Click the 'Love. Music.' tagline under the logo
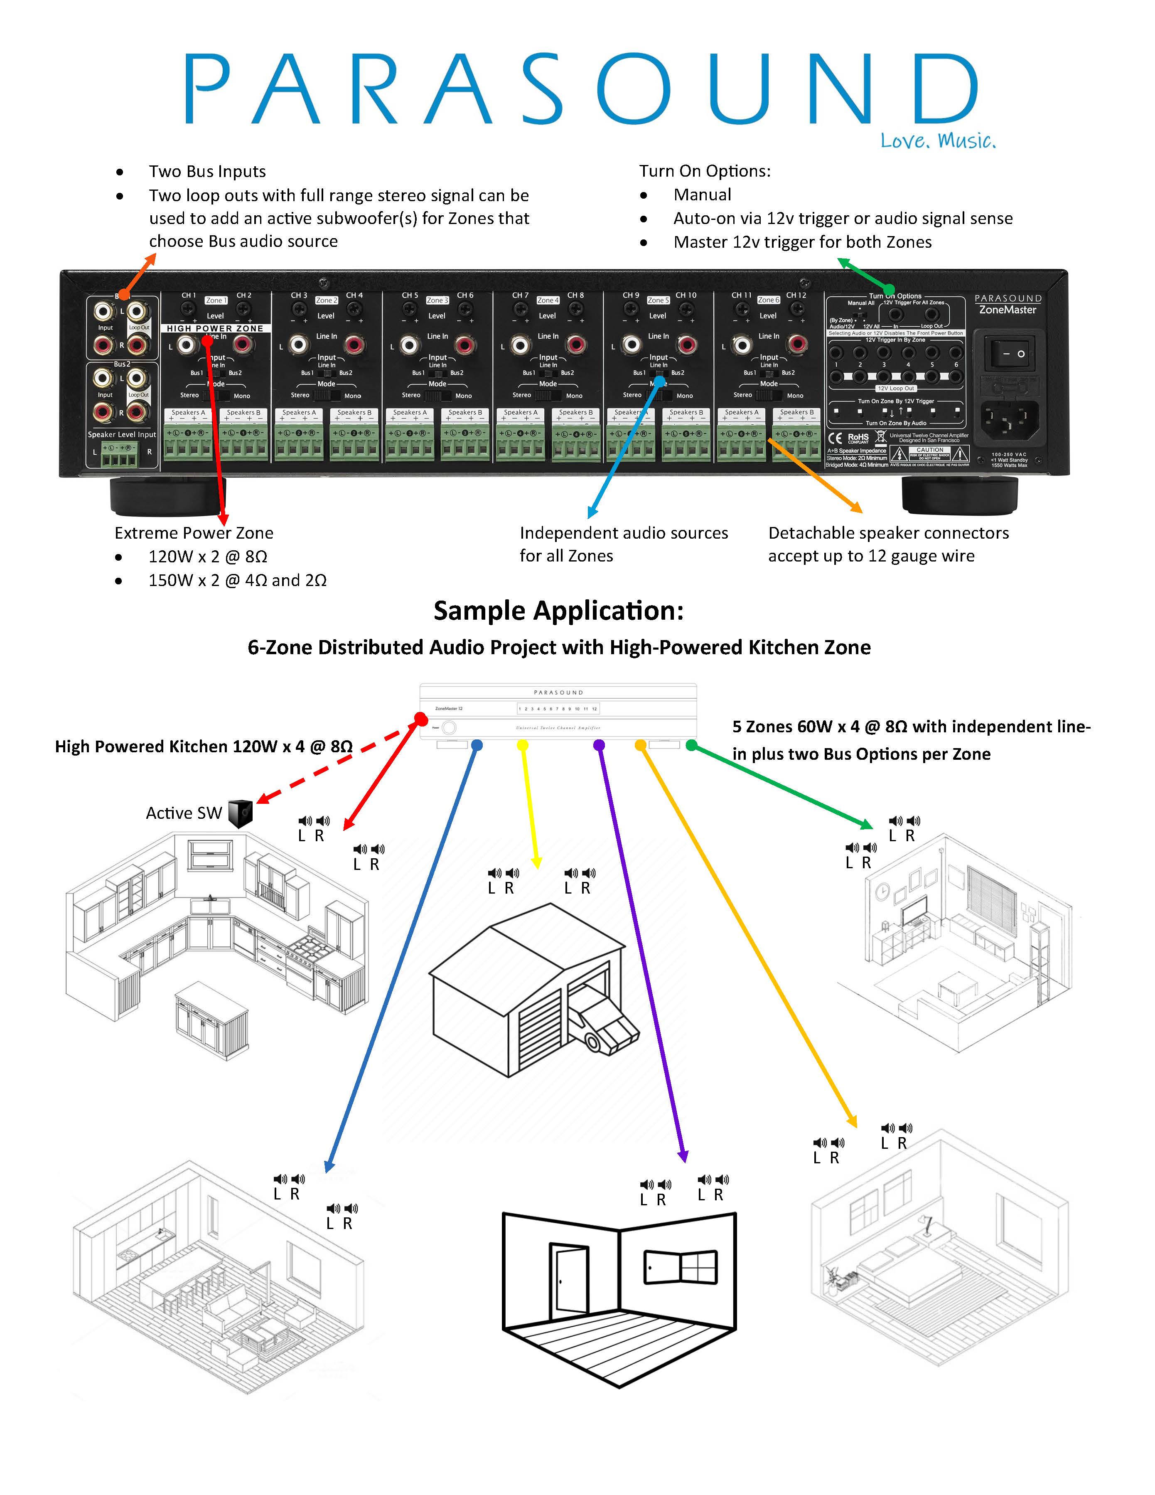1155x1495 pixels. click(x=937, y=141)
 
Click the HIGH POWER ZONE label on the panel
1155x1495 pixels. click(x=215, y=329)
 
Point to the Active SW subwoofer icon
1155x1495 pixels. click(x=240, y=813)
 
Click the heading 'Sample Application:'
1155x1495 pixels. click(x=558, y=611)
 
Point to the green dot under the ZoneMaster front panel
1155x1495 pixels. click(x=691, y=745)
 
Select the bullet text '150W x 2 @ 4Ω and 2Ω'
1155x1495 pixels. click(x=237, y=581)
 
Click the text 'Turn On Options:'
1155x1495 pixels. click(x=704, y=171)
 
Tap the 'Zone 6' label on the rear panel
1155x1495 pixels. click(x=768, y=300)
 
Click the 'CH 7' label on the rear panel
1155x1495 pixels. click(x=520, y=295)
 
